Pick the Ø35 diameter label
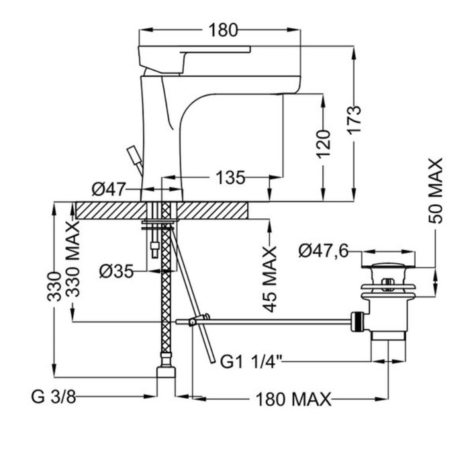point(115,271)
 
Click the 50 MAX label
point(436,191)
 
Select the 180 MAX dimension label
point(293,400)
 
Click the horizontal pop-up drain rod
point(275,323)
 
